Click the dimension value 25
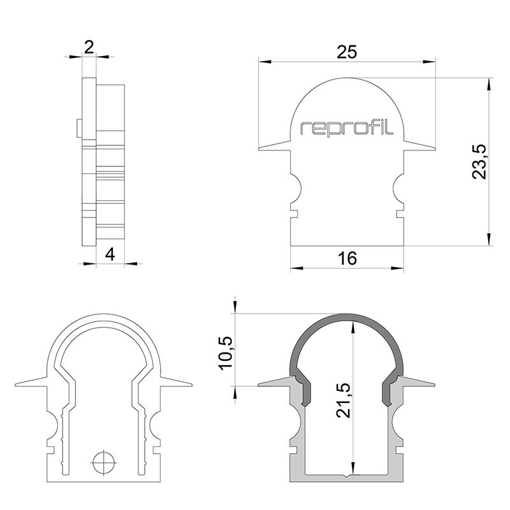click(x=347, y=52)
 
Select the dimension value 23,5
click(x=479, y=162)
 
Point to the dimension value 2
click(x=89, y=46)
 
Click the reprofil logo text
click(x=347, y=128)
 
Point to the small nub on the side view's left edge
click(x=78, y=127)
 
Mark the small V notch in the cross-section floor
click(x=347, y=475)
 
